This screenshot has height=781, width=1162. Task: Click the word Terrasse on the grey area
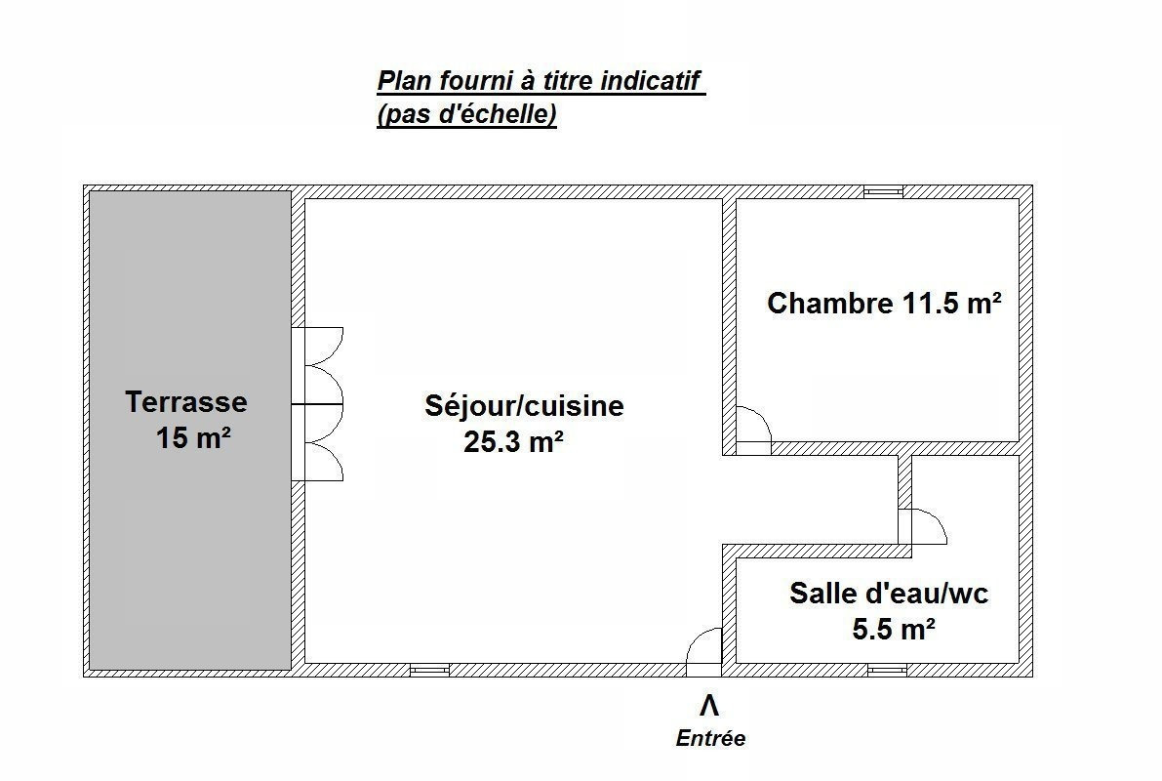point(186,402)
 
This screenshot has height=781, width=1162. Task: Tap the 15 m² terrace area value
point(193,437)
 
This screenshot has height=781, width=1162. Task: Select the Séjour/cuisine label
point(524,406)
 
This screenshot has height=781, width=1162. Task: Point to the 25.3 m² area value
point(513,442)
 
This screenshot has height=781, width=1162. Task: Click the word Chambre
point(830,304)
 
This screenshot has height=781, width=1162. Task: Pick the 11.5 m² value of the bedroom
point(952,304)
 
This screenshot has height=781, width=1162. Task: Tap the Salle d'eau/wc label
point(889,594)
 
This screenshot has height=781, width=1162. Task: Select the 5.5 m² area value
point(893,629)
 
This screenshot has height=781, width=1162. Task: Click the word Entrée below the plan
point(710,738)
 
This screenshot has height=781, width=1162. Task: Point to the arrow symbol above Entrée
point(709,706)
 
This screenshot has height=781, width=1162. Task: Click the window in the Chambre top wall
point(883,192)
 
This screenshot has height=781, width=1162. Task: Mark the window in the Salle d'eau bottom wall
point(887,670)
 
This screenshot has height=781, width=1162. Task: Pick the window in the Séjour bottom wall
point(430,670)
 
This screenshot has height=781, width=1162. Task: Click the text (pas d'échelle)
point(467,114)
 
